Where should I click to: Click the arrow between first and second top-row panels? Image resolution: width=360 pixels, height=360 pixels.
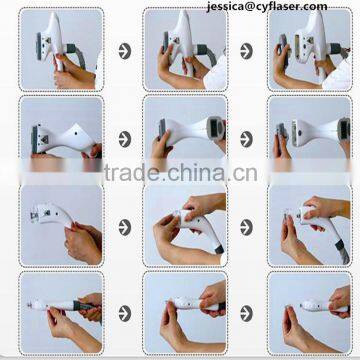[x=124, y=48]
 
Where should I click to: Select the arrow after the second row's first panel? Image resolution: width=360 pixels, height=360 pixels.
[x=124, y=138]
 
